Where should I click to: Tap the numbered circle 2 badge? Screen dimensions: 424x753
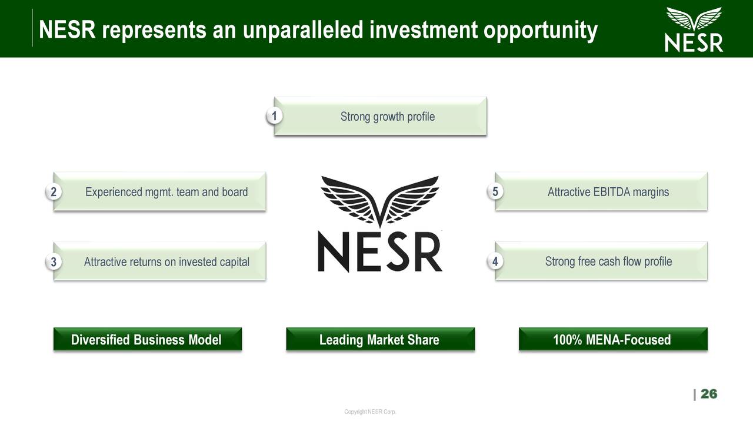pos(54,192)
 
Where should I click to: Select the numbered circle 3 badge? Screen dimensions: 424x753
pos(54,262)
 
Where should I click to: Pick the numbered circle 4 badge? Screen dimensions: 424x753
pos(495,261)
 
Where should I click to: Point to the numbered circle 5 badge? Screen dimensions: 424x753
pos(495,192)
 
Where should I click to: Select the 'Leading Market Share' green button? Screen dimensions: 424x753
pos(379,340)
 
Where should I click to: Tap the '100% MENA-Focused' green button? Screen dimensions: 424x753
pos(612,340)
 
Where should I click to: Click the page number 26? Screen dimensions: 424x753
pos(709,394)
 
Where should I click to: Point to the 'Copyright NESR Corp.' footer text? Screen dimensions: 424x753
pos(370,412)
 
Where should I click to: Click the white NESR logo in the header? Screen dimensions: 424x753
pos(694,29)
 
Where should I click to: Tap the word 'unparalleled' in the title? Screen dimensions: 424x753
pos(301,30)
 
